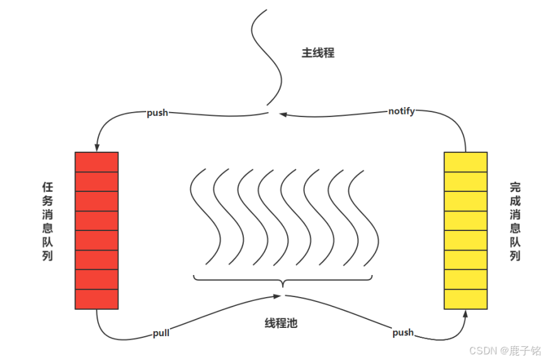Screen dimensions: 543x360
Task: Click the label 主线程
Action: pyautogui.click(x=317, y=53)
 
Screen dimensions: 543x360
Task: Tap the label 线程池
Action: pyautogui.click(x=280, y=323)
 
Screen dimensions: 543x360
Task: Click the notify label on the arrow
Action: pyautogui.click(x=401, y=111)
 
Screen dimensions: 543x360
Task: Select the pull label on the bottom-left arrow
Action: pyautogui.click(x=161, y=333)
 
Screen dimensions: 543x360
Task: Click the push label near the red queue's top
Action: pyautogui.click(x=157, y=113)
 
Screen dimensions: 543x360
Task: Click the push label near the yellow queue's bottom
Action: pyautogui.click(x=403, y=332)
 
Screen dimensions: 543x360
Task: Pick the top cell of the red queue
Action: pyautogui.click(x=96, y=162)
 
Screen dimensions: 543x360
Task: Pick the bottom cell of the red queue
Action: pyautogui.click(x=96, y=299)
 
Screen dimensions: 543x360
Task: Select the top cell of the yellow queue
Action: pyautogui.click(x=465, y=162)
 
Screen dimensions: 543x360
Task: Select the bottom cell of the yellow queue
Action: pyautogui.click(x=465, y=299)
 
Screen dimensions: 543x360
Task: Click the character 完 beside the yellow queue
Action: pyautogui.click(x=515, y=187)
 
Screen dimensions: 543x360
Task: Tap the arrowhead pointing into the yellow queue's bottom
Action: pyautogui.click(x=466, y=314)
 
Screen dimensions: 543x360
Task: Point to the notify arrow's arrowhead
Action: pyautogui.click(x=284, y=115)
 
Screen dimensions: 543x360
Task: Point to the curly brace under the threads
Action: pyautogui.click(x=283, y=281)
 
